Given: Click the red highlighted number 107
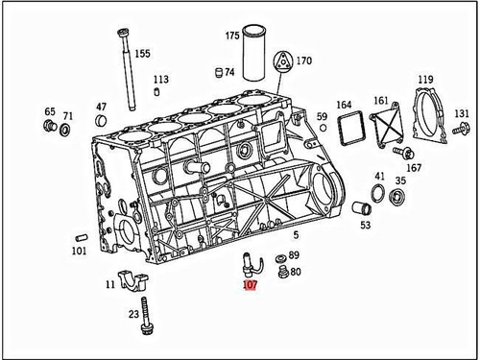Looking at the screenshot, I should pos(250,285).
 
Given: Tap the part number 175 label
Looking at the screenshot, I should pos(232,36).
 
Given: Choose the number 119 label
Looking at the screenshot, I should pos(424,79).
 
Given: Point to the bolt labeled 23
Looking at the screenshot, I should pos(145,318).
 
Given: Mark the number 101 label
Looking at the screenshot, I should pos(79,251).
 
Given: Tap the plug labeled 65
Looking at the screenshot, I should pos(49,126).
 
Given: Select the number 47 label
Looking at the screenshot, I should pos(101,107).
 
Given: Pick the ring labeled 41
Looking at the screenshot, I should pos(378,197).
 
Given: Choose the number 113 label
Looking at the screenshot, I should pos(160,79).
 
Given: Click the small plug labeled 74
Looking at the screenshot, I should pos(218,72).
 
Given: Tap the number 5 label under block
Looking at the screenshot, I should pos(296,234).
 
